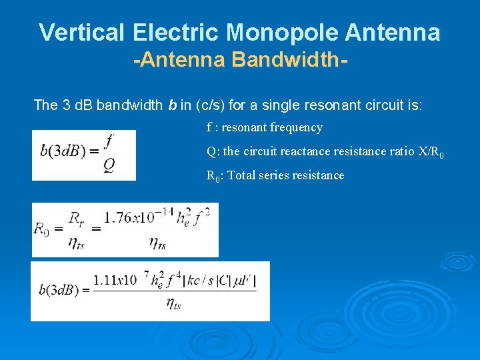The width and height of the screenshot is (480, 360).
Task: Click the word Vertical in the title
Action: [82, 32]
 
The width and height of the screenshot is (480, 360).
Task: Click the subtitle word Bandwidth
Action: [289, 61]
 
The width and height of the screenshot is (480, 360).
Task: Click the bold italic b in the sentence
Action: [173, 105]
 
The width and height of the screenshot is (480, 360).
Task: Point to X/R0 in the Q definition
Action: [431, 152]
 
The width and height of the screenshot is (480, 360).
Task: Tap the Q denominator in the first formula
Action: [109, 166]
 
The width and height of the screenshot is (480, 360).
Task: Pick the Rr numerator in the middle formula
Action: [77, 216]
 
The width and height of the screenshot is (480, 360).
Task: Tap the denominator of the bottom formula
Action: [173, 305]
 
